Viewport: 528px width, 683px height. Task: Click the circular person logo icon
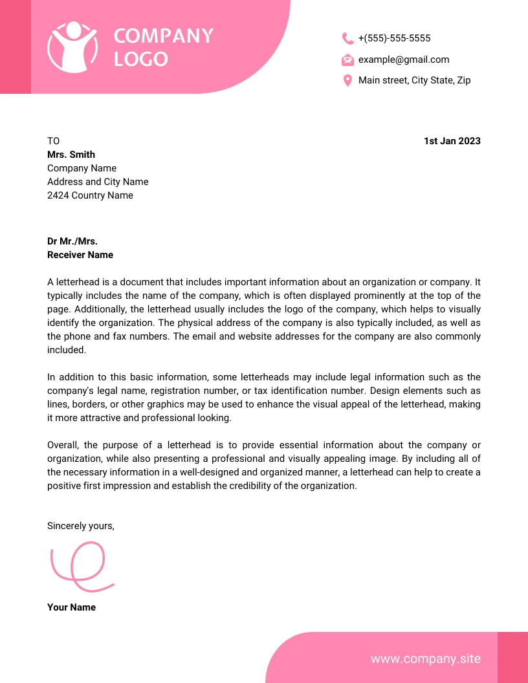(72, 47)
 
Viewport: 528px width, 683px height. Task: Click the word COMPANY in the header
(163, 36)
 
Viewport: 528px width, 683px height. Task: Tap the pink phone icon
(347, 39)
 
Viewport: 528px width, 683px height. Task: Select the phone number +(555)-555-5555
(394, 38)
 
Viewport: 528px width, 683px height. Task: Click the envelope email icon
(347, 60)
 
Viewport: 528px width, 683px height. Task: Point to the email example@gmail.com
(403, 60)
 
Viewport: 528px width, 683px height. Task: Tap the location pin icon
(347, 81)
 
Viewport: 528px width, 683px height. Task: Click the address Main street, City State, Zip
(414, 80)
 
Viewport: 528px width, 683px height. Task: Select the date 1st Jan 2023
(452, 141)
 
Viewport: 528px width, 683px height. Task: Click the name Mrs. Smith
(71, 155)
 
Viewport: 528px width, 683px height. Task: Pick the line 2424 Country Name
(90, 195)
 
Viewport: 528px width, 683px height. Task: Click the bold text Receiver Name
(80, 255)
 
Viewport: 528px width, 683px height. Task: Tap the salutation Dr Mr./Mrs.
(72, 241)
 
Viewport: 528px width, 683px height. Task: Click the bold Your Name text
(71, 607)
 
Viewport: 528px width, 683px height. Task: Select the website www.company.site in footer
(425, 658)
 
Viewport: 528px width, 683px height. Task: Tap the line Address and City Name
(98, 182)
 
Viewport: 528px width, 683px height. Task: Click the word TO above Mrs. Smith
(53, 141)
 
